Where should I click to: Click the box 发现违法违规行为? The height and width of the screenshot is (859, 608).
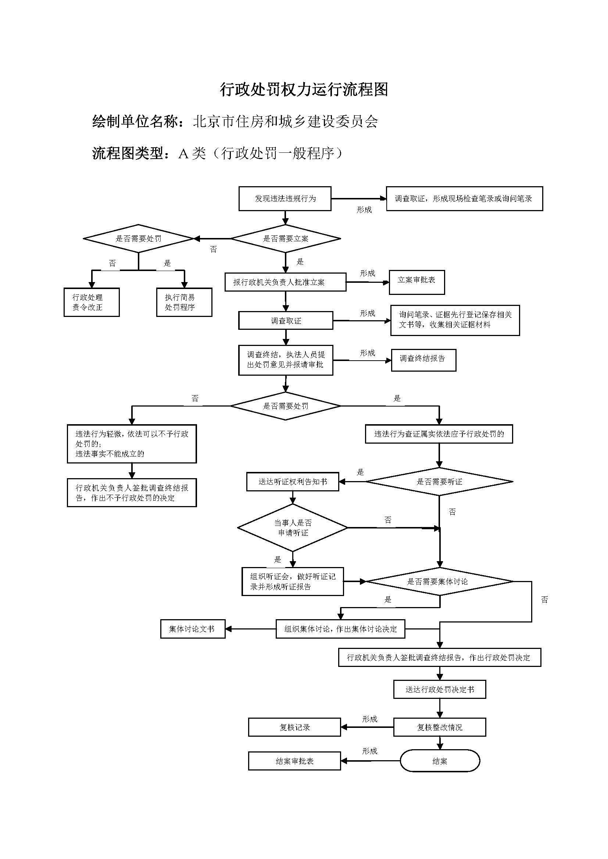[x=285, y=199]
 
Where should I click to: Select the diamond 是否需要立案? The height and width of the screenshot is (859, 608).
[x=285, y=239]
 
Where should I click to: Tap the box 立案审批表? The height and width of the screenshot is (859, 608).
[x=417, y=282]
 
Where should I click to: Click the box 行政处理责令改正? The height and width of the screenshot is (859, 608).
[x=92, y=302]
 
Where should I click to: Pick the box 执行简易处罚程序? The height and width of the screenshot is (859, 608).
[x=184, y=302]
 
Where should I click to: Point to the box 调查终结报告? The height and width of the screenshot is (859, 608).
[x=423, y=360]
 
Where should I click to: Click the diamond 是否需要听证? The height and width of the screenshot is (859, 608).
[x=439, y=482]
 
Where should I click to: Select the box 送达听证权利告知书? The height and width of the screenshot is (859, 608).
[x=292, y=482]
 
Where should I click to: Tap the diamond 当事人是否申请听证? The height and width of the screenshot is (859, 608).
[x=292, y=528]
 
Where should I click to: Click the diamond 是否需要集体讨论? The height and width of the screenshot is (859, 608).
[x=439, y=581]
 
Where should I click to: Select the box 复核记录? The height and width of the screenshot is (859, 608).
[x=294, y=727]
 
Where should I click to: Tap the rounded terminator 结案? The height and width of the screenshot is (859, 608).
[x=440, y=761]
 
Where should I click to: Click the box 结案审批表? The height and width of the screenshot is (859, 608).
[x=294, y=761]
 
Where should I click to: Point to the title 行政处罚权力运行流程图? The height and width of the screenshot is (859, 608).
[x=304, y=90]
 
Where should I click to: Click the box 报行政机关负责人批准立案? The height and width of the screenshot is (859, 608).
[x=285, y=282]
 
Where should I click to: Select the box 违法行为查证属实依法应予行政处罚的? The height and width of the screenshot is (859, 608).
[x=439, y=434]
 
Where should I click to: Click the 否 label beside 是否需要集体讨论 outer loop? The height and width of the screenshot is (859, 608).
[x=544, y=600]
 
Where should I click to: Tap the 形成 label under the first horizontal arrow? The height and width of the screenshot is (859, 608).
[x=364, y=210]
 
